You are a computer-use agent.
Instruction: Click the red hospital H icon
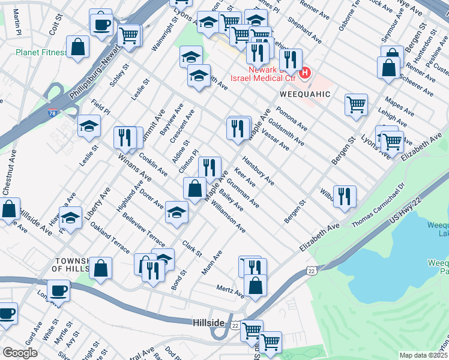pyautogui.click(x=305, y=73)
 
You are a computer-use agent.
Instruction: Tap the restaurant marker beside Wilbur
pyautogui.click(x=345, y=197)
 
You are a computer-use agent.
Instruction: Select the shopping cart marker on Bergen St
pyautogui.click(x=356, y=105)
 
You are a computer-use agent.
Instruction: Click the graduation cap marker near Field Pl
pyautogui.click(x=89, y=125)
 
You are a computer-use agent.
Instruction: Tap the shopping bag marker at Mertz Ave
pyautogui.click(x=256, y=286)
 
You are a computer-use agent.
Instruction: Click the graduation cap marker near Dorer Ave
pyautogui.click(x=176, y=213)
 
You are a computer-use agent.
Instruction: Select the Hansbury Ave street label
pyautogui.click(x=259, y=173)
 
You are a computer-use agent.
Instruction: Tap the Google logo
pyautogui.click(x=20, y=353)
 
